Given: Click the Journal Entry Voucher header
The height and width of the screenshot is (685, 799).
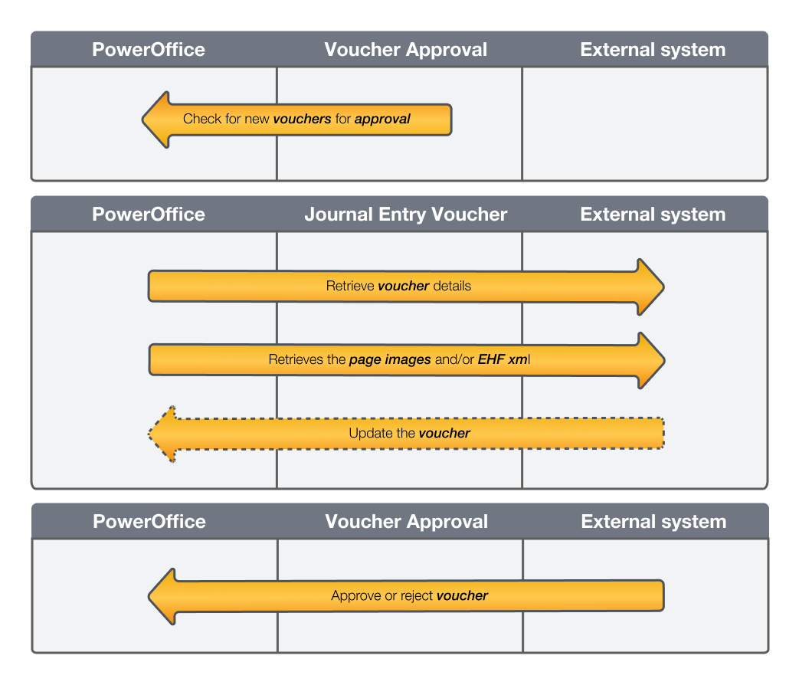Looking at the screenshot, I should click(x=405, y=214).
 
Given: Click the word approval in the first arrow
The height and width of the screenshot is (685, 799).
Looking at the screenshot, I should click(x=382, y=119).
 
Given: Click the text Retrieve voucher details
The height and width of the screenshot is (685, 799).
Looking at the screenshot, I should click(x=398, y=286).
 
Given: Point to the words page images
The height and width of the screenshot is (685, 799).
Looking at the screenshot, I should click(x=390, y=359).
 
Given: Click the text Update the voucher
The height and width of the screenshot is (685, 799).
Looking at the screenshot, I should click(x=409, y=433).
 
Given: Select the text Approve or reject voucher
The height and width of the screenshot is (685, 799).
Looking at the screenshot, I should click(x=409, y=595).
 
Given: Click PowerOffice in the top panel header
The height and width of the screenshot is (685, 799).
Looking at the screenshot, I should click(x=149, y=50).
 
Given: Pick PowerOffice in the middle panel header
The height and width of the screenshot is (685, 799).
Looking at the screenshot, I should click(x=149, y=214).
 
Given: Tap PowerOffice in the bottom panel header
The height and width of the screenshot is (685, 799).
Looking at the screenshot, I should click(x=149, y=522).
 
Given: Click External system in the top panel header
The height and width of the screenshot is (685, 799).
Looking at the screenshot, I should click(x=653, y=50).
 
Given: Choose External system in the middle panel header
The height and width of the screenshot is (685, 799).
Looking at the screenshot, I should click(x=653, y=214).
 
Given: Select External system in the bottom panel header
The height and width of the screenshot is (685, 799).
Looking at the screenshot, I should click(x=653, y=522).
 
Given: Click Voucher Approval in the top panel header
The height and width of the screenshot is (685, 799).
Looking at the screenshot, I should click(x=405, y=50).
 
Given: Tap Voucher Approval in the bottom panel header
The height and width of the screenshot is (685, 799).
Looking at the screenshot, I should click(x=406, y=522).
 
